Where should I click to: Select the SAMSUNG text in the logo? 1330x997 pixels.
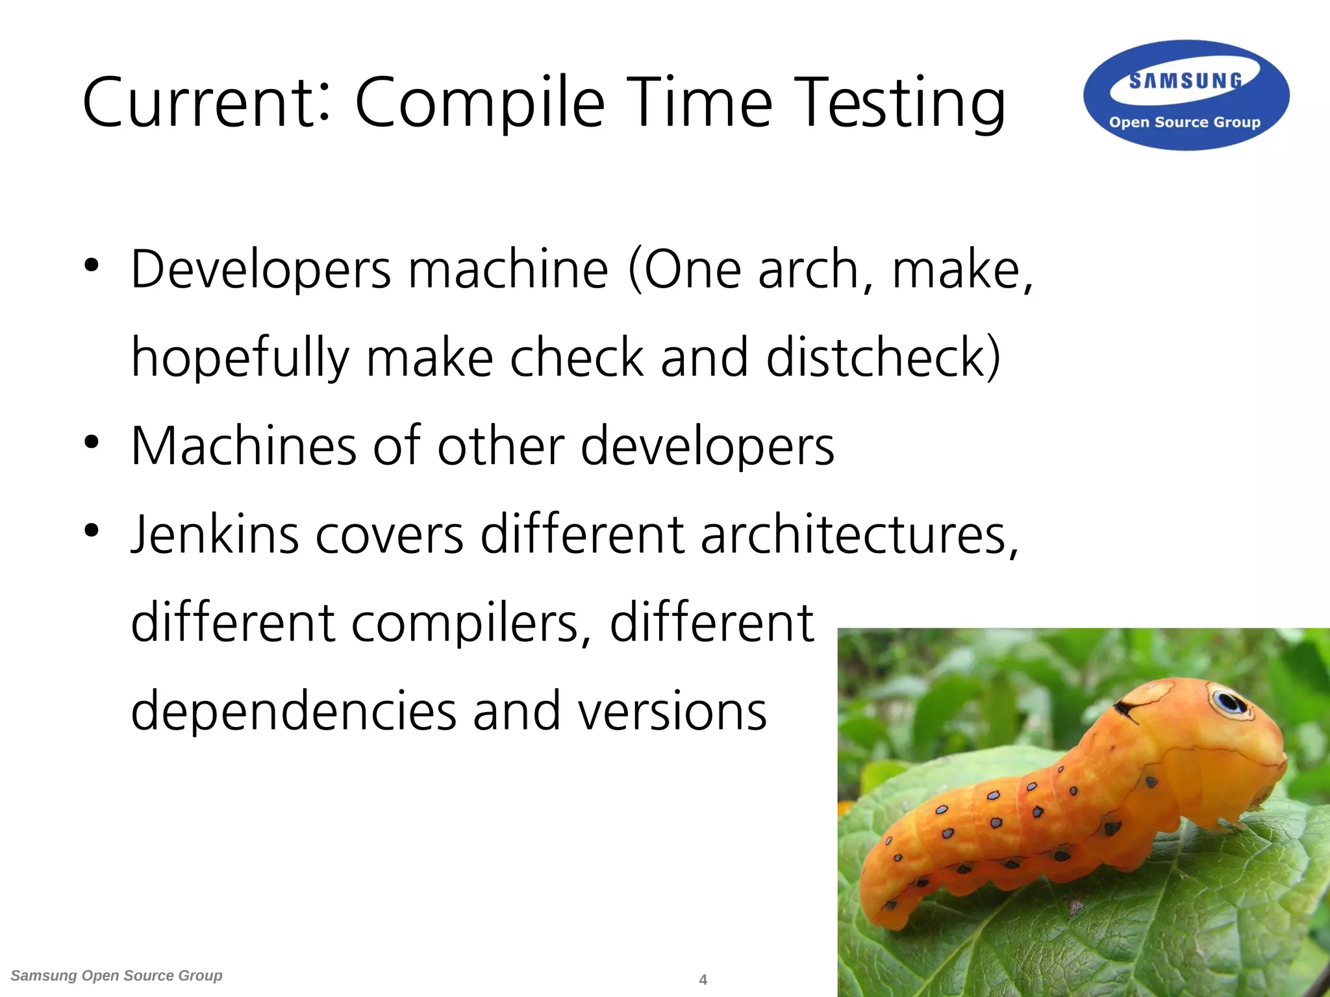point(1186,81)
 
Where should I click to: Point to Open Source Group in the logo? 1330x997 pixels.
point(1185,122)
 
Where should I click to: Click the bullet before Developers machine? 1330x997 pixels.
point(92,265)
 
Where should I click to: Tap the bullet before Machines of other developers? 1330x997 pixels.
point(92,442)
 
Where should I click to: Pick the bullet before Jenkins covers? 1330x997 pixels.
point(92,530)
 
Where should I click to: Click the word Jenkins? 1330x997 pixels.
point(215,535)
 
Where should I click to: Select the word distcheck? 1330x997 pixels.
point(883,358)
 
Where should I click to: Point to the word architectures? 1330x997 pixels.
point(859,535)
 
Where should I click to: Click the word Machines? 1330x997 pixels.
point(244,446)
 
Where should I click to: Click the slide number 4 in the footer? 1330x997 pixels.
point(703,979)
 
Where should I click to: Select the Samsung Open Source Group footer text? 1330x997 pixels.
point(117,976)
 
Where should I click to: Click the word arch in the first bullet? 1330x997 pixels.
point(809,269)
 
